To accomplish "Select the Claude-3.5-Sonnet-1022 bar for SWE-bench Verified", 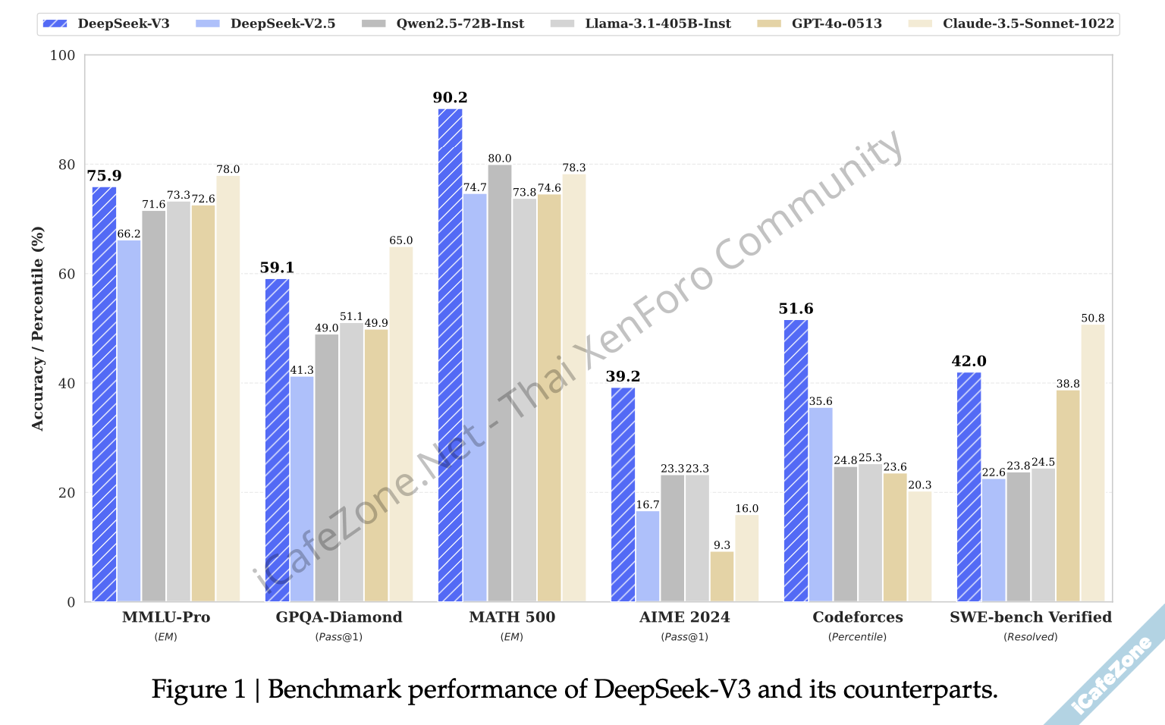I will [x=1093, y=463].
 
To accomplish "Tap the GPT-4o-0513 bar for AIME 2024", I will [x=722, y=576].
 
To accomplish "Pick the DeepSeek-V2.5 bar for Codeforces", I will [x=821, y=504].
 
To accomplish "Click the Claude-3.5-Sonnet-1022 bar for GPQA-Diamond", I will [x=401, y=424].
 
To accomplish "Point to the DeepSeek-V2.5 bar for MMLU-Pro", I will [x=129, y=421].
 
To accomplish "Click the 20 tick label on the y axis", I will [x=68, y=493].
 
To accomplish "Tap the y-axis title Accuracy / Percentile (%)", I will [x=38, y=328].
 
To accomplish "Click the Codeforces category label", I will [x=858, y=617].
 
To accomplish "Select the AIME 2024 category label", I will [x=685, y=617].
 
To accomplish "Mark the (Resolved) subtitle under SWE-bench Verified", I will [x=1031, y=637].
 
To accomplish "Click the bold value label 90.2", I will [x=450, y=98].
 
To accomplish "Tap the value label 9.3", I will [x=722, y=545].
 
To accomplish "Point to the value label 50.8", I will [x=1093, y=318].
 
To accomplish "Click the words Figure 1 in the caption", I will [x=199, y=689].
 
